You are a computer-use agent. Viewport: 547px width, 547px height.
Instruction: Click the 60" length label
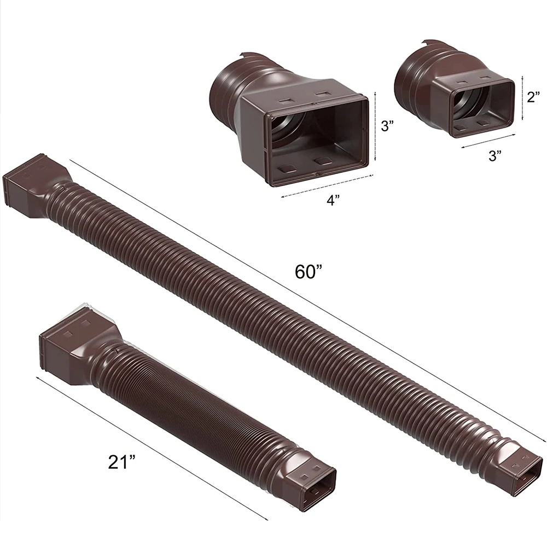tap(309, 271)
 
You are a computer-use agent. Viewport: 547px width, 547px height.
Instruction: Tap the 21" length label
tap(121, 462)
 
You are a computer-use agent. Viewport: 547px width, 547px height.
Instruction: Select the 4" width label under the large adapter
tap(333, 200)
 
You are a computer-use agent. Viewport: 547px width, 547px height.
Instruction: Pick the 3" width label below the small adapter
tap(495, 155)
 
